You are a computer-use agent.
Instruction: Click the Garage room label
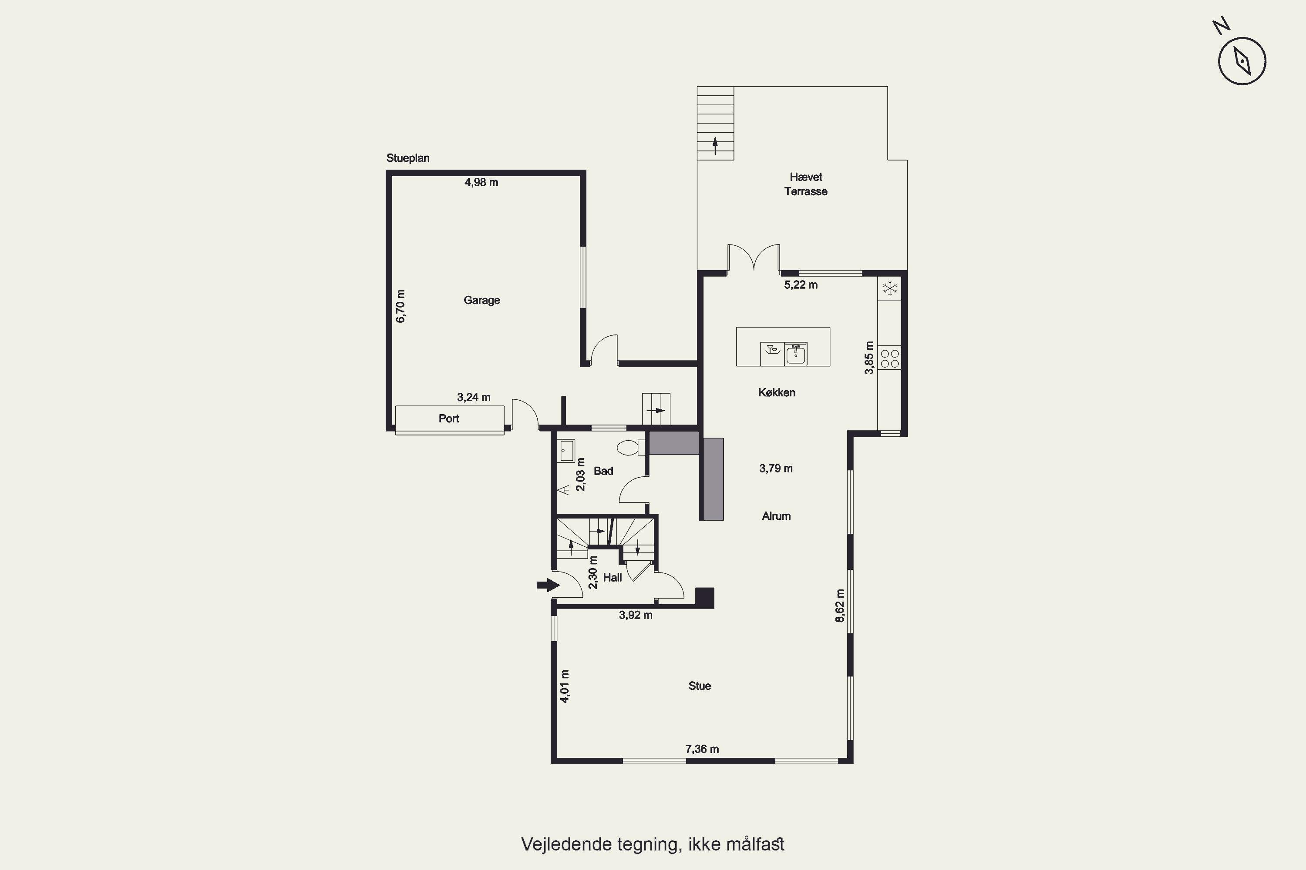(x=481, y=300)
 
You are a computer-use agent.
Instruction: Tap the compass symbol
(x=1242, y=60)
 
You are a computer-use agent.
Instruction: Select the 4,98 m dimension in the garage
(x=481, y=182)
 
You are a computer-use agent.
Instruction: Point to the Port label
(x=449, y=418)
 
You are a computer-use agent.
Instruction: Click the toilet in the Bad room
(x=631, y=447)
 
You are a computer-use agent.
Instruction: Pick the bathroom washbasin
(x=566, y=451)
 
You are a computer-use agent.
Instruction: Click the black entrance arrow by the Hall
(x=548, y=585)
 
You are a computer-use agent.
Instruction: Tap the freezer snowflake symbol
(x=889, y=288)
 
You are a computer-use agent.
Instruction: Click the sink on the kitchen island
(x=796, y=353)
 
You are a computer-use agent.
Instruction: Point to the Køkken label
(x=776, y=393)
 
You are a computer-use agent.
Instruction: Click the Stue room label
(x=700, y=686)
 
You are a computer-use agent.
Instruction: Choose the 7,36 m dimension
(x=702, y=749)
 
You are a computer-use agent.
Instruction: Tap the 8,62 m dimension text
(x=840, y=606)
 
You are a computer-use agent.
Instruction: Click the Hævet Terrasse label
(x=806, y=184)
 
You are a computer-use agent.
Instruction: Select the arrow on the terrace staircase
(x=715, y=145)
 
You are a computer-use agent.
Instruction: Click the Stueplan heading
(x=407, y=158)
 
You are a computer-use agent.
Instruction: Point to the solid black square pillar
(x=705, y=598)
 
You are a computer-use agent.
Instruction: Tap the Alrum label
(x=776, y=516)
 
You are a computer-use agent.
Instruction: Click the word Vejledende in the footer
(x=566, y=844)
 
